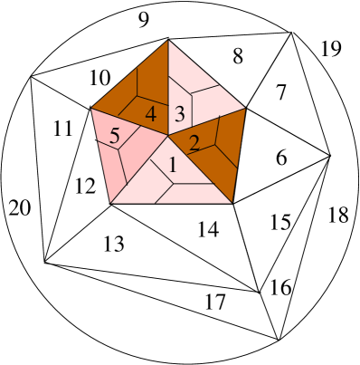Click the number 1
[x=172, y=166]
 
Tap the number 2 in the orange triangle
[x=194, y=142]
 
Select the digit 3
[x=180, y=114]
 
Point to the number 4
[x=150, y=114]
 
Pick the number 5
[x=115, y=137]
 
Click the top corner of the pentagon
[x=168, y=40]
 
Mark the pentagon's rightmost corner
[x=246, y=109]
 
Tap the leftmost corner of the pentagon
[x=91, y=109]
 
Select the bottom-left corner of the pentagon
[x=111, y=203]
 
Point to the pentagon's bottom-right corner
[x=232, y=203]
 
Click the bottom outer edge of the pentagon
[x=172, y=203]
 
